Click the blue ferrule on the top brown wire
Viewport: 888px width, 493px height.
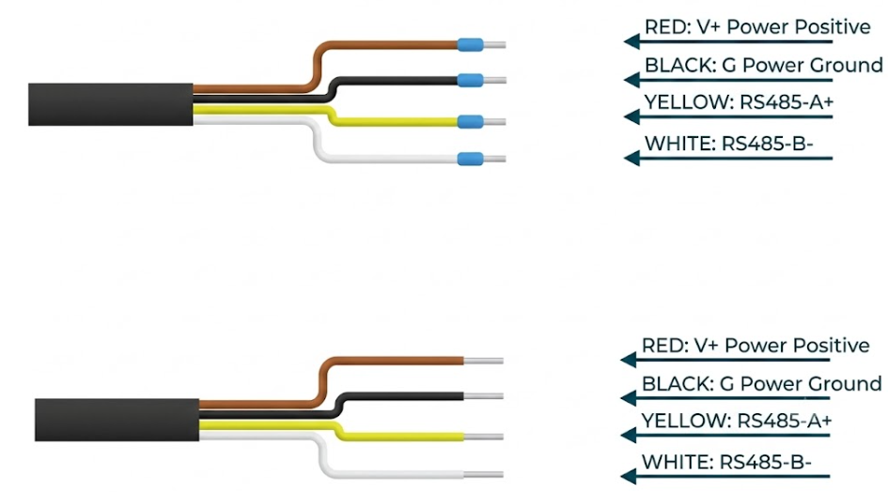[470, 45]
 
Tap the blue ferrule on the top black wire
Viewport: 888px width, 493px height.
[470, 80]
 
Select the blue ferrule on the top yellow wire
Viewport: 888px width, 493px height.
[470, 122]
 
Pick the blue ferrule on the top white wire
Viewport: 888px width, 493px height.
[470, 159]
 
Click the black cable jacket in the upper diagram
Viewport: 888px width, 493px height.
[111, 105]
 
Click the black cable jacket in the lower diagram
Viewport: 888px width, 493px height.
[117, 420]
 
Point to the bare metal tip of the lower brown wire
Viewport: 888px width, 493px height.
[484, 362]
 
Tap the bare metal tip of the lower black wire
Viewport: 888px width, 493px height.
[484, 396]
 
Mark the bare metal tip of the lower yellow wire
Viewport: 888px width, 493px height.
[484, 437]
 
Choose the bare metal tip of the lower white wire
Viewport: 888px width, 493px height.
[484, 474]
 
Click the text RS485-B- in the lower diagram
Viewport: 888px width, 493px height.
[766, 462]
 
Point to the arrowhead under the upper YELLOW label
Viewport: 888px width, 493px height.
[632, 117]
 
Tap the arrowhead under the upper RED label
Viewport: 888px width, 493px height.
[632, 41]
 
